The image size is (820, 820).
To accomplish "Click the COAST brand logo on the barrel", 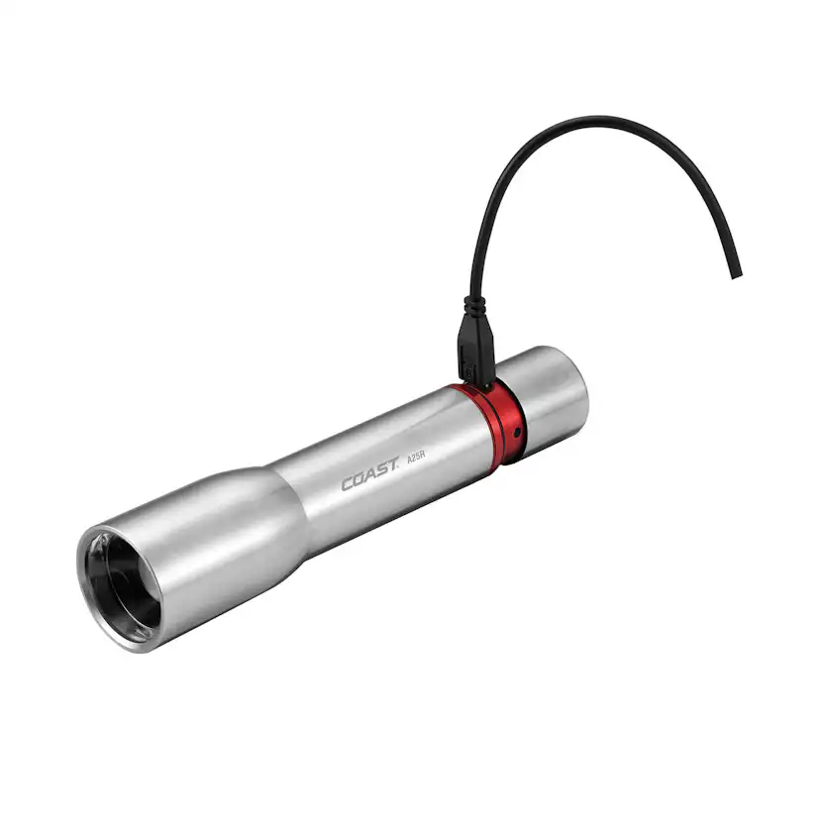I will tap(369, 481).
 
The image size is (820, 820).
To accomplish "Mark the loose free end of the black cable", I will tap(734, 271).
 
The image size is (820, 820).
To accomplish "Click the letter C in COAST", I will tap(348, 485).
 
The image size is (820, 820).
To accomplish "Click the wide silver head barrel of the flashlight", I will tap(198, 555).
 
